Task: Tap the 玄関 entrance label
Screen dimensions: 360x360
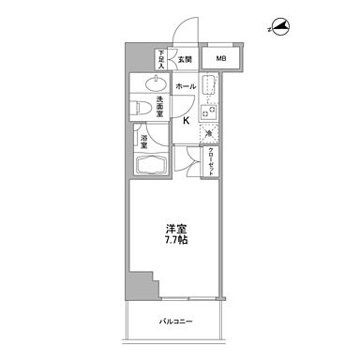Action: [187, 60]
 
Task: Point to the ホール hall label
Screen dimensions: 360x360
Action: [185, 86]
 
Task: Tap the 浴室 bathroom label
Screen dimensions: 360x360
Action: [145, 143]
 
